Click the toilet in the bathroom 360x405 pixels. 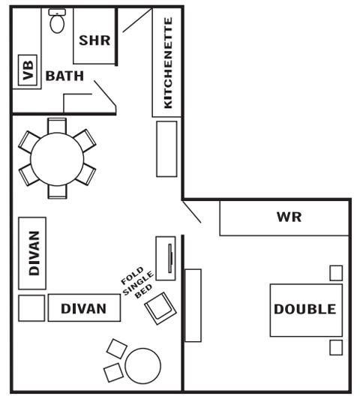(57, 21)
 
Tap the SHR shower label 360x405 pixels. (94, 40)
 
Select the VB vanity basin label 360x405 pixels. (28, 70)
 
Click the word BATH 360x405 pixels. (64, 76)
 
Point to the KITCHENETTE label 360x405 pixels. (168, 63)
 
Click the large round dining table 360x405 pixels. (57, 159)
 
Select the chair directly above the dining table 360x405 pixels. (57, 126)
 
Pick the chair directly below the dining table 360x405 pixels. (57, 192)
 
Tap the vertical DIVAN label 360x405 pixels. (34, 253)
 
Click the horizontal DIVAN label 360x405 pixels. (84, 308)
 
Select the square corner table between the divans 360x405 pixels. (31, 308)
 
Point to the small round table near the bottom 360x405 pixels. (142, 366)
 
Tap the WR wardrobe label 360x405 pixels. (289, 217)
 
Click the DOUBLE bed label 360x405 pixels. (305, 309)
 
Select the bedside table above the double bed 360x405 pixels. (336, 273)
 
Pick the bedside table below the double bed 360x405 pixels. (336, 347)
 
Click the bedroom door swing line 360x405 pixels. (191, 211)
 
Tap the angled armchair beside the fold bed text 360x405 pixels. (160, 308)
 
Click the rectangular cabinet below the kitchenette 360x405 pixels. (166, 149)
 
